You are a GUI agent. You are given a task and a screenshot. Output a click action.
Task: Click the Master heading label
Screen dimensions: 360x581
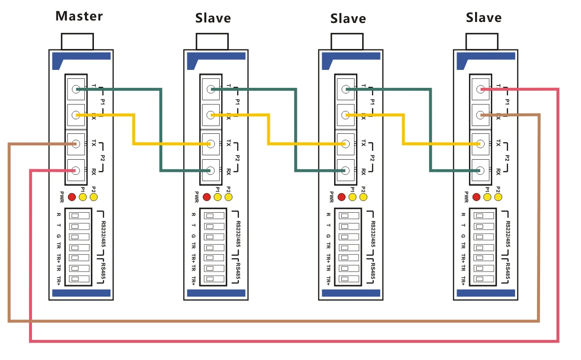pyautogui.click(x=79, y=16)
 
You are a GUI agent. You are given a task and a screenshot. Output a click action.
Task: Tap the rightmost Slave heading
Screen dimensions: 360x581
pyautogui.click(x=483, y=18)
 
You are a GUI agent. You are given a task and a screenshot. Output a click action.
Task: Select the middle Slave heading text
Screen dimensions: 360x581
pyautogui.click(x=348, y=19)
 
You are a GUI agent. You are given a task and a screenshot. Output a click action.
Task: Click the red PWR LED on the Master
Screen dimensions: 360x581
pyautogui.click(x=72, y=197)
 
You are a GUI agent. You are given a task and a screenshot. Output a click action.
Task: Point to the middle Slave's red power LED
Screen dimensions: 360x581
pyautogui.click(x=342, y=197)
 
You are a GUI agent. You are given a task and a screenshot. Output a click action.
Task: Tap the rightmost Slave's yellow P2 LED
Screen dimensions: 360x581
pyautogui.click(x=498, y=197)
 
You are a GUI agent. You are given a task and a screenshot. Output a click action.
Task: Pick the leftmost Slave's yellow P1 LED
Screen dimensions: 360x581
pyautogui.click(x=217, y=197)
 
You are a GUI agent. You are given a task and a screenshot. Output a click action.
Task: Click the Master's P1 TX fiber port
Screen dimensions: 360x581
pyautogui.click(x=76, y=89)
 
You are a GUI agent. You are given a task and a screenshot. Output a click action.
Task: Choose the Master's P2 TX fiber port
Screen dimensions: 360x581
pyautogui.click(x=76, y=144)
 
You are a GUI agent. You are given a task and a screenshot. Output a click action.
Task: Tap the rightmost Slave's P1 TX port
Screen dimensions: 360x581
pyautogui.click(x=480, y=89)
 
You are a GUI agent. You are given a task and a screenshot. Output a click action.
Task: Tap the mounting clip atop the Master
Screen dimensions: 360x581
pyautogui.click(x=77, y=41)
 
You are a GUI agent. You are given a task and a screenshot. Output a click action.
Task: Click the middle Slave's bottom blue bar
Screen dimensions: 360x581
pyautogui.click(x=350, y=293)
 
